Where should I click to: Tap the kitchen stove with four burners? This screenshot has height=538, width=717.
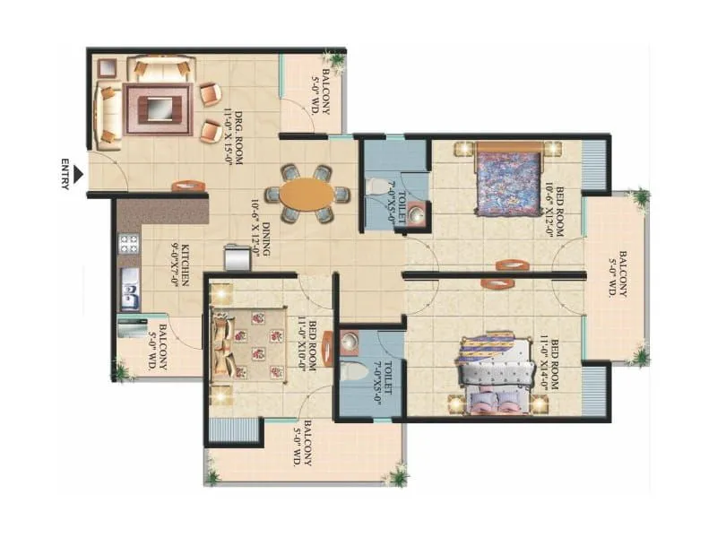pos(128,243)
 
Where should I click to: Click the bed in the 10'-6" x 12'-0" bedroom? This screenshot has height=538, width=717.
pos(506,179)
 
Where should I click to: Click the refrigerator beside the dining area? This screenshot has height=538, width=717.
pos(237,257)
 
